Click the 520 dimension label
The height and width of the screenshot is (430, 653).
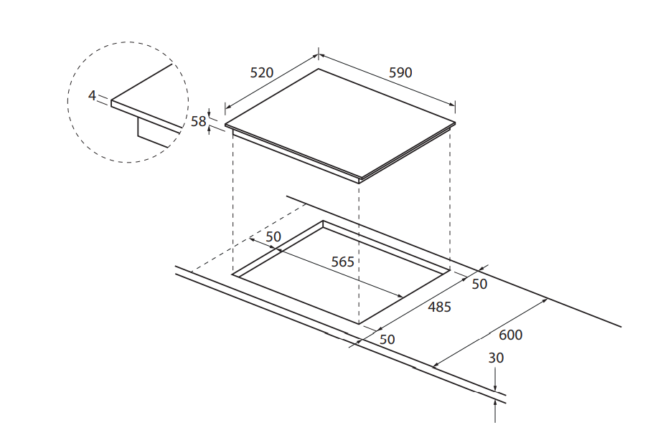point(262,72)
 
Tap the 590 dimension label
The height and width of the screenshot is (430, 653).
point(400,72)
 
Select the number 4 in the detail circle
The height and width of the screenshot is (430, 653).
point(92,95)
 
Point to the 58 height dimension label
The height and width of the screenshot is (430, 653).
point(198,121)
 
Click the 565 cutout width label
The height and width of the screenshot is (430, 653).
point(342,262)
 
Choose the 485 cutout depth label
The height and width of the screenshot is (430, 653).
point(439,307)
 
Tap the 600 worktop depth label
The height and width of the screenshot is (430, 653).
point(511,335)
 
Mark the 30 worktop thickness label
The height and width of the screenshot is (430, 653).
point(496,358)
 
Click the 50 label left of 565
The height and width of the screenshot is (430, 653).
point(273,237)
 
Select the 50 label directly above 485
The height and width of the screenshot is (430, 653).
point(479,284)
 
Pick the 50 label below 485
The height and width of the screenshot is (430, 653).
point(387,339)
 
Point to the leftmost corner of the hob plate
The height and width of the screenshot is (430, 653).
point(226,125)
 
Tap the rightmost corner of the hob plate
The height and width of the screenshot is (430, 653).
point(455,122)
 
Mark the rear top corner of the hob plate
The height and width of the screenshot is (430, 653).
point(319,69)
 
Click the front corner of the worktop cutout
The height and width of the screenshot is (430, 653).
point(359,323)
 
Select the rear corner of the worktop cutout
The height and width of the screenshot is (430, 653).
point(323,221)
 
